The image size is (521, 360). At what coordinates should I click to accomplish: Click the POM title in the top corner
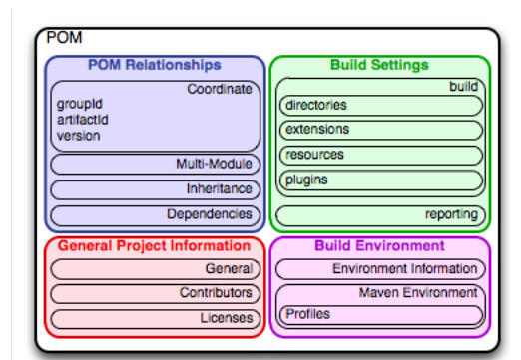click(x=64, y=37)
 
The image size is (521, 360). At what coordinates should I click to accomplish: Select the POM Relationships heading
click(x=155, y=65)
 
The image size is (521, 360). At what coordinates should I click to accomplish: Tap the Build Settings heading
click(x=379, y=65)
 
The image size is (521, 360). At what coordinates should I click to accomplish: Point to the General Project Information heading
click(x=154, y=246)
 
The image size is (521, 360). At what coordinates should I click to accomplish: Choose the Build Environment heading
click(x=379, y=246)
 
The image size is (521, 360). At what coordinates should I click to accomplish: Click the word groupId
click(x=80, y=104)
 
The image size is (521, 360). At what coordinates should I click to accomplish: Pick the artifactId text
click(x=83, y=120)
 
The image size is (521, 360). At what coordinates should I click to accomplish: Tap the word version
click(x=79, y=136)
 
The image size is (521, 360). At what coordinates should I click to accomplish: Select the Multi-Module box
click(x=156, y=165)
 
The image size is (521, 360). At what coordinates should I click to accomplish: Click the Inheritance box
click(x=156, y=189)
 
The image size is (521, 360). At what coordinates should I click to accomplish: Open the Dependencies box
click(x=156, y=215)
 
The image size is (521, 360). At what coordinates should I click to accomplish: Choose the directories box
click(x=381, y=106)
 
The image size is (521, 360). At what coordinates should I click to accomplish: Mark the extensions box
click(x=381, y=130)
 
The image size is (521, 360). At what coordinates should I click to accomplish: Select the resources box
click(x=381, y=156)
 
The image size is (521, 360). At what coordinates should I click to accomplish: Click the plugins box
click(x=381, y=180)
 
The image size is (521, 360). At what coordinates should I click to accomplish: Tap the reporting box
click(x=380, y=215)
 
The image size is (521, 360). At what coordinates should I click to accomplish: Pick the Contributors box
click(x=156, y=293)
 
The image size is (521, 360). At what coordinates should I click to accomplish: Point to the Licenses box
click(x=156, y=319)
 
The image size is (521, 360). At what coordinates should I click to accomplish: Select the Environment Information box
click(x=380, y=269)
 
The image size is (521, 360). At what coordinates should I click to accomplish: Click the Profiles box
click(x=381, y=315)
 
